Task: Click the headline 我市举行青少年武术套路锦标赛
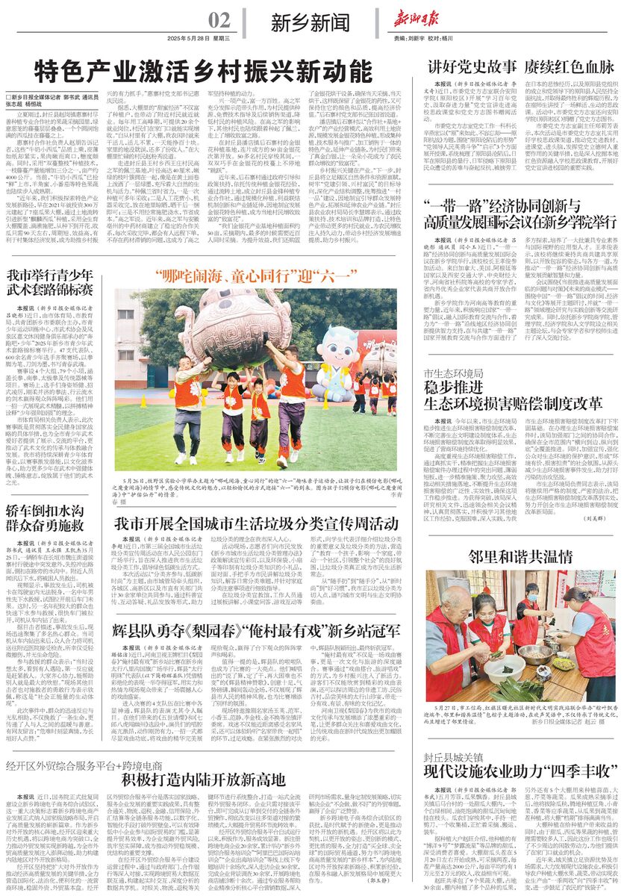pos(51,282)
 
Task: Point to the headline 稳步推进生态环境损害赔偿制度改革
pos(512,396)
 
